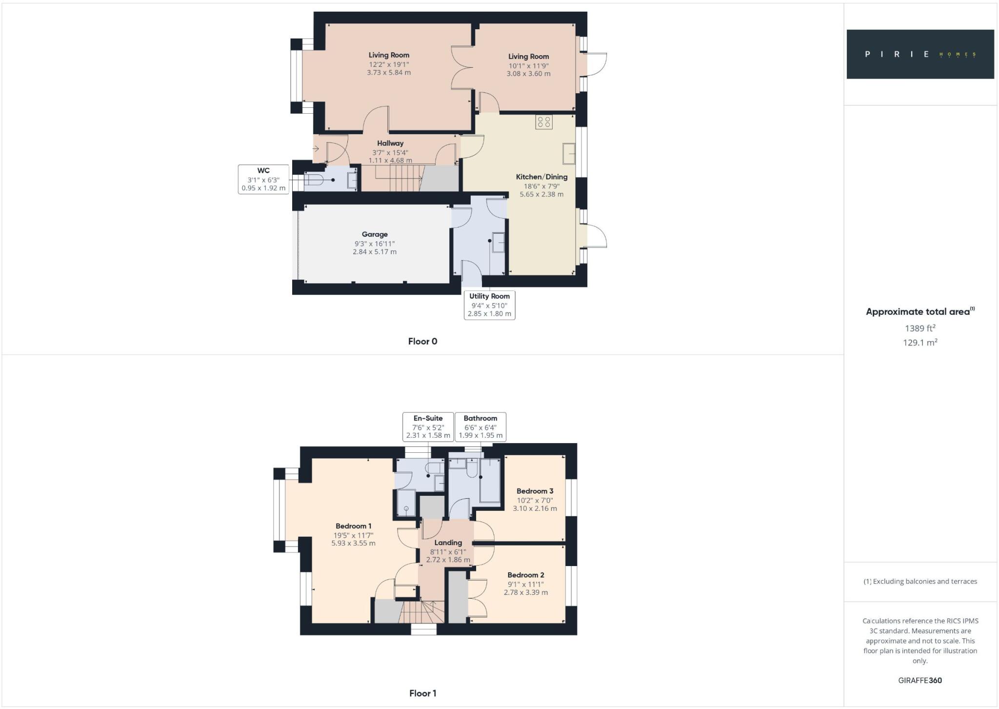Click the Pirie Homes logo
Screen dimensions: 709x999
point(920,54)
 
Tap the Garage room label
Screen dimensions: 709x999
point(375,235)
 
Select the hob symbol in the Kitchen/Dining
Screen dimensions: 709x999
point(544,122)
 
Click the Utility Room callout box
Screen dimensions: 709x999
point(489,305)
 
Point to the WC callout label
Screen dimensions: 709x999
point(263,179)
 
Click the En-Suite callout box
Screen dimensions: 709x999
point(428,426)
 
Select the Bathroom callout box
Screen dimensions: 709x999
point(480,426)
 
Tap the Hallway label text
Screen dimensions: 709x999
point(390,143)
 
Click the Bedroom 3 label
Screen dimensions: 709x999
point(535,491)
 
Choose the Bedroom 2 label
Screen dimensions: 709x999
point(525,575)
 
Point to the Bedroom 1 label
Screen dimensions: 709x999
point(353,526)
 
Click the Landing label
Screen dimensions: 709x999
point(448,543)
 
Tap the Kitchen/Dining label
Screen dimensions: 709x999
point(541,177)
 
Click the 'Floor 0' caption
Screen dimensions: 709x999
point(422,342)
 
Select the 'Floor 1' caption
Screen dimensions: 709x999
point(422,693)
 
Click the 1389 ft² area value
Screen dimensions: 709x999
point(920,328)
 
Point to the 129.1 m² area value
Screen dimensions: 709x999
point(920,343)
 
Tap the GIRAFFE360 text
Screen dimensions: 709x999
point(920,680)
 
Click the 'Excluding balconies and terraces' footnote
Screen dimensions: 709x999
point(920,582)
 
